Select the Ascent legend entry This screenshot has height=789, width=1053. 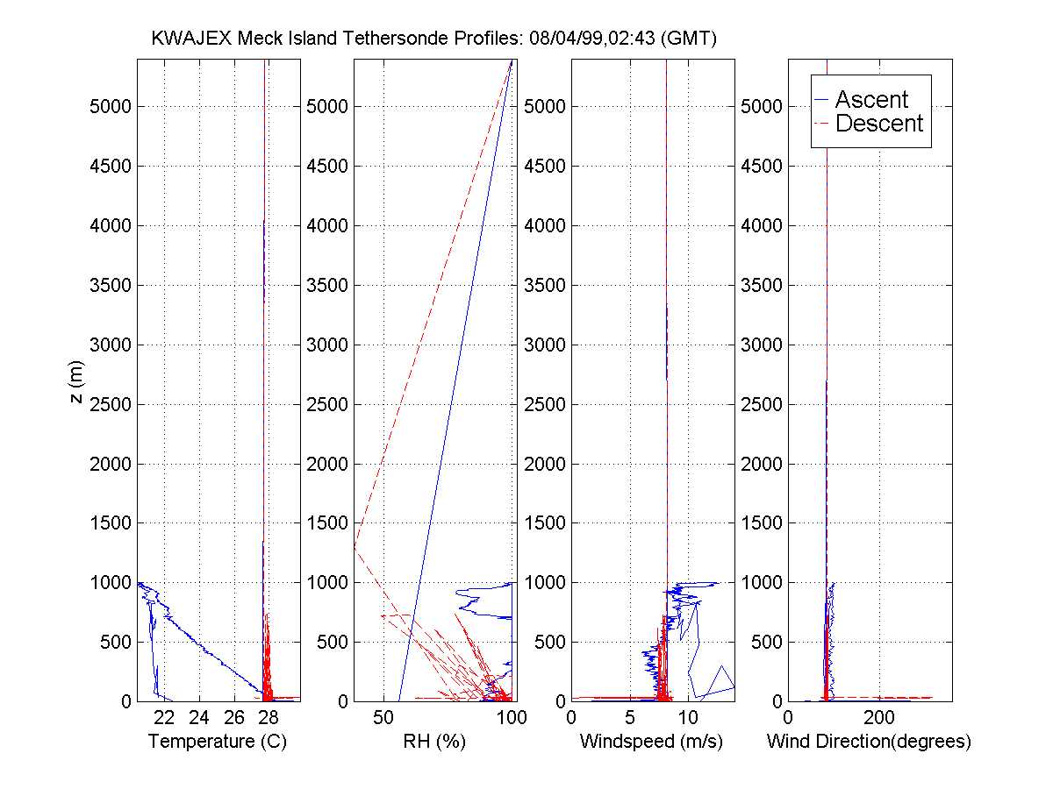[x=871, y=99]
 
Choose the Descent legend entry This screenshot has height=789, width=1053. [x=879, y=124]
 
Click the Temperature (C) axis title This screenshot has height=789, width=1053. [x=218, y=742]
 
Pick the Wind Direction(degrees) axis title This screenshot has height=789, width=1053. [x=869, y=742]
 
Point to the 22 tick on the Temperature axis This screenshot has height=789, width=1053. [x=164, y=718]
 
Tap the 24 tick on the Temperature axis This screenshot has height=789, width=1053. [x=199, y=718]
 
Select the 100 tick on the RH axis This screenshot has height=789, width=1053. [x=512, y=718]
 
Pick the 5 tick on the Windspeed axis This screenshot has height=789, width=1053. [x=630, y=718]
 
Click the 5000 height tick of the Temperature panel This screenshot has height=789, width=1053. [x=110, y=107]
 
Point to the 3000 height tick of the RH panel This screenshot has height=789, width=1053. [x=326, y=345]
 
